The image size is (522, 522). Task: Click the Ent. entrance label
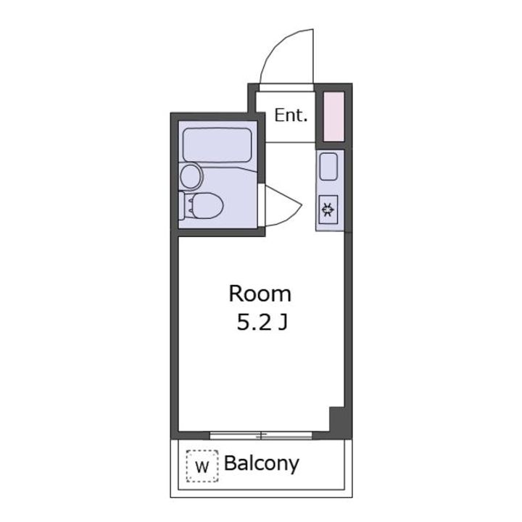[x=291, y=115]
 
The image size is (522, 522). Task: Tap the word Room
[x=260, y=294]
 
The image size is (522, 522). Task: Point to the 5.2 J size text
[x=262, y=323]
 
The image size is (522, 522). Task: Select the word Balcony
[x=261, y=464]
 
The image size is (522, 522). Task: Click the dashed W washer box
[x=202, y=466]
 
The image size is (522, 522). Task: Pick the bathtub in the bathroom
[x=217, y=145]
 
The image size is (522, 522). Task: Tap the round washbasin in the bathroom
[x=191, y=176]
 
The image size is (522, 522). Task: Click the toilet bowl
[x=207, y=206]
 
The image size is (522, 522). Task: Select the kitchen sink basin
[x=328, y=167]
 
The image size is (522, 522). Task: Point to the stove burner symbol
[x=328, y=210]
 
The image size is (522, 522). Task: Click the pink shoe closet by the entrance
[x=333, y=117]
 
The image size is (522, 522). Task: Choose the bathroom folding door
[x=283, y=205]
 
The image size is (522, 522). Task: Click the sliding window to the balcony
[x=261, y=435]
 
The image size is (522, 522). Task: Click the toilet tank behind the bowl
[x=182, y=205]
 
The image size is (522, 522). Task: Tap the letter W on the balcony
[x=202, y=467]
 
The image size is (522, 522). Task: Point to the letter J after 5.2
[x=283, y=323]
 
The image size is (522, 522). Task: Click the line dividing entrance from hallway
[x=290, y=143]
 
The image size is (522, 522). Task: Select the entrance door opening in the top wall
[x=286, y=88]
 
